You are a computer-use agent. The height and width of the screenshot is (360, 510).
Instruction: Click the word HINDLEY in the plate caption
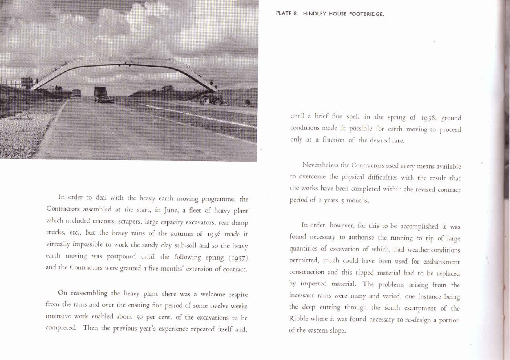(316, 14)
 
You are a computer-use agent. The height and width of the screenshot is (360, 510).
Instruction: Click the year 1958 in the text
(424, 117)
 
